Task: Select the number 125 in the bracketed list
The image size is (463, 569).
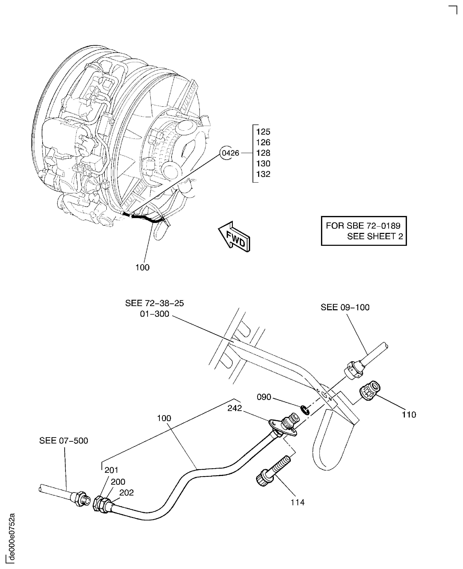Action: click(x=263, y=132)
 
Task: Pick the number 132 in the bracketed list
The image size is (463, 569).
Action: click(x=263, y=174)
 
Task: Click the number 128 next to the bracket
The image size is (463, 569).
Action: click(x=263, y=153)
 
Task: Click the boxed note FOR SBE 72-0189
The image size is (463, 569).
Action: click(x=363, y=231)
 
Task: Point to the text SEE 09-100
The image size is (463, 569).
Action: click(x=345, y=307)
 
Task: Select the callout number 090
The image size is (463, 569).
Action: click(x=264, y=397)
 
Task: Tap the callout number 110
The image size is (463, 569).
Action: click(x=409, y=415)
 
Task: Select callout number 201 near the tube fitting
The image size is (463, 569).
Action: click(x=111, y=470)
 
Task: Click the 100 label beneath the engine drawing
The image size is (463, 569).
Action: click(x=142, y=267)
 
